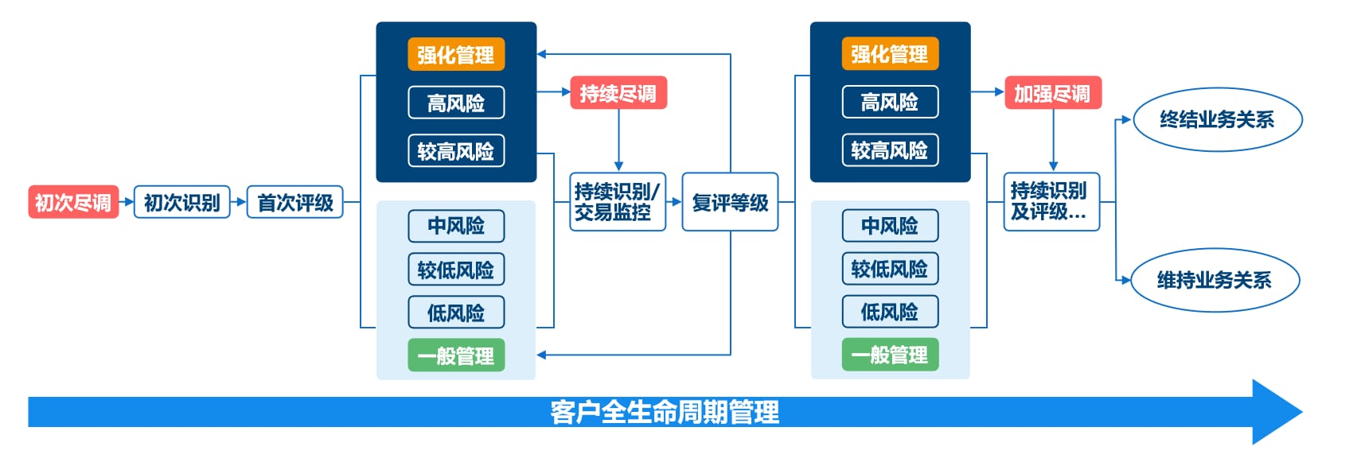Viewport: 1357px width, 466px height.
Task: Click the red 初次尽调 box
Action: coord(73,202)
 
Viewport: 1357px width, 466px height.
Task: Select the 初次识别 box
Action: coord(181,202)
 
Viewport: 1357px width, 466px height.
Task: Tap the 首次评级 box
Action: coord(295,202)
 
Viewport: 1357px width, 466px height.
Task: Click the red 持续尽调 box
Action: coord(618,92)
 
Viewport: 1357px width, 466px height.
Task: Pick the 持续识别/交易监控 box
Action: coord(618,201)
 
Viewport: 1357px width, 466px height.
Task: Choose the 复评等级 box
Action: coord(730,201)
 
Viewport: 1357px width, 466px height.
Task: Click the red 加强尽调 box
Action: coord(1053,92)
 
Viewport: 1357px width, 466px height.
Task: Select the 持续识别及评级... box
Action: coord(1051,201)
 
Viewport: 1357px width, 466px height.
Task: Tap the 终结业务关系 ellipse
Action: coord(1218,119)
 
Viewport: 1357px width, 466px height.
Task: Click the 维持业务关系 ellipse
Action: coord(1215,280)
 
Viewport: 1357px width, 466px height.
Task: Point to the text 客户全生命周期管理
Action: coord(665,412)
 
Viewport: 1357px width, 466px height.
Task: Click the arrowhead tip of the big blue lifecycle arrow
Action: coord(1302,412)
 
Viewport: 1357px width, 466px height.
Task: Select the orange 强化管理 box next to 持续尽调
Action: coord(456,54)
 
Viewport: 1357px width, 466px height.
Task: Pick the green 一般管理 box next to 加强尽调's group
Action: coord(890,355)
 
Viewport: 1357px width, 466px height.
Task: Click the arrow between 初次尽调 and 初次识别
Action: coord(126,202)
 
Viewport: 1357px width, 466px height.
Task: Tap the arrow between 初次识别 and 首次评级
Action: coord(239,202)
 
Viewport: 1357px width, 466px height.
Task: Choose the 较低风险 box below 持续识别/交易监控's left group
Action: coord(456,270)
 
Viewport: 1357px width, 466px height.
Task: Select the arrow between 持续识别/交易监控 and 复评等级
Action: coord(674,201)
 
